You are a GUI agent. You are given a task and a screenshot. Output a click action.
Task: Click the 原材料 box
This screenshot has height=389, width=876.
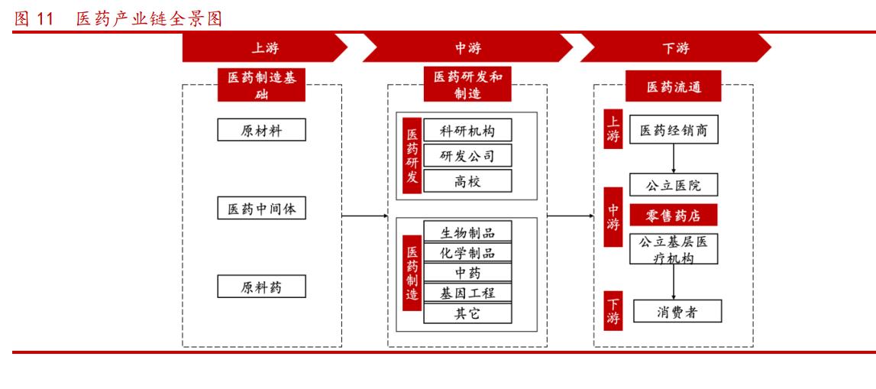point(261,130)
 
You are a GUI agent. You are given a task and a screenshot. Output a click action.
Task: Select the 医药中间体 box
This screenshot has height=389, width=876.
point(261,208)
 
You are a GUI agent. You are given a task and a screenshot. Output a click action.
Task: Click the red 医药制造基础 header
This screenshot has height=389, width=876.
point(261,85)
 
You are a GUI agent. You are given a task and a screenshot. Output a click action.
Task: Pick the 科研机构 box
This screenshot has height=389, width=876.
point(467,131)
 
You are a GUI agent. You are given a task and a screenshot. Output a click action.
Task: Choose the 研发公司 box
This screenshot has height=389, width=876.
point(467,156)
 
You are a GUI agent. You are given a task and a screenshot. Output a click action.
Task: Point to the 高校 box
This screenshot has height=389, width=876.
point(467,180)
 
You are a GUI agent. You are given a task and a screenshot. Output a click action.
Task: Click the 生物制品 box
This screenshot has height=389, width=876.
point(467,232)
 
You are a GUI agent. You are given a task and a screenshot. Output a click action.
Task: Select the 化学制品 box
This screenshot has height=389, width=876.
point(467,252)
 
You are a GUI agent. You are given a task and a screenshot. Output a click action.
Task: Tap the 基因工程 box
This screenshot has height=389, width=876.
point(467,293)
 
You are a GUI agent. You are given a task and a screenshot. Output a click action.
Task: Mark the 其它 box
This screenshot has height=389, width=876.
point(467,313)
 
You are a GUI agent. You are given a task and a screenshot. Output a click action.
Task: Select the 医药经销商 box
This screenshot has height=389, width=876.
point(673,131)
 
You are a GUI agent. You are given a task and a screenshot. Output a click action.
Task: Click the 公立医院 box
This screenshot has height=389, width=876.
point(673,184)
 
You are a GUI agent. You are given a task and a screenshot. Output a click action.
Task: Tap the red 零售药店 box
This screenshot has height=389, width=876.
point(673,215)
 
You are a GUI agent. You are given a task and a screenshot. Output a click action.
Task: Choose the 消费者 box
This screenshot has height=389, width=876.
point(673,312)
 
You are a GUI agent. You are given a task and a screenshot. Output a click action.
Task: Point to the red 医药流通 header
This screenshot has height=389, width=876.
point(673,87)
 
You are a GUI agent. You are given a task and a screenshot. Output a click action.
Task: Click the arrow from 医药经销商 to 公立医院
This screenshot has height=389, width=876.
point(673,157)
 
